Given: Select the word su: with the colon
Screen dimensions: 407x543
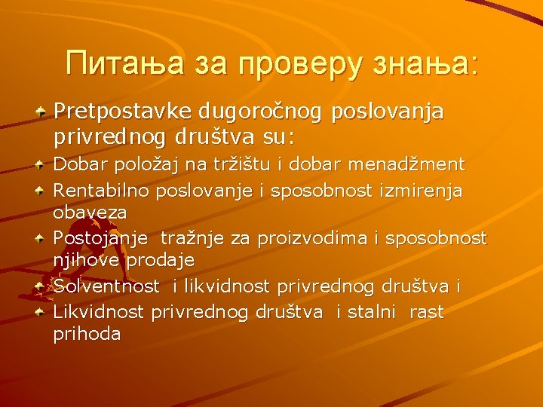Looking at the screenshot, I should click(x=278, y=139).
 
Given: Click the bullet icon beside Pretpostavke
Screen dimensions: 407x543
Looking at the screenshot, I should click(x=42, y=112).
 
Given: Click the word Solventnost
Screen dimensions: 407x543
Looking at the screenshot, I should click(x=106, y=286).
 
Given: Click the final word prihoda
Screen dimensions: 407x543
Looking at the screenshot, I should click(x=87, y=334).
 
